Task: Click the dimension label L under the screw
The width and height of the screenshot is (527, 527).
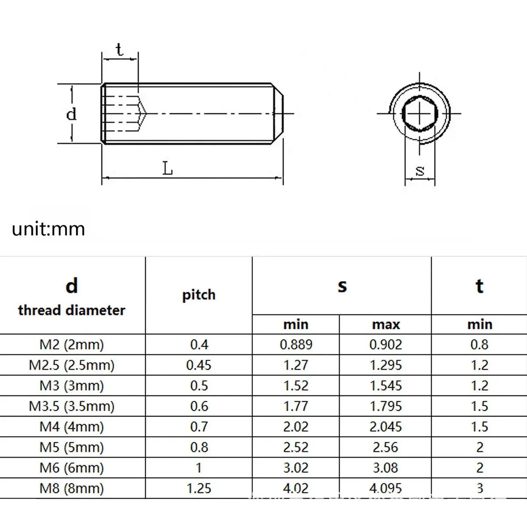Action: click(167, 168)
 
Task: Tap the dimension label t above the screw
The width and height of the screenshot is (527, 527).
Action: click(119, 50)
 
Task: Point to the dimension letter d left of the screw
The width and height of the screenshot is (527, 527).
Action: click(72, 114)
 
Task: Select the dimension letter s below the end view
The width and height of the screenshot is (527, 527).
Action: click(420, 171)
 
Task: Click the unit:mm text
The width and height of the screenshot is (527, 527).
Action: click(48, 229)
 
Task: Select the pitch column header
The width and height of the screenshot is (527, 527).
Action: click(199, 295)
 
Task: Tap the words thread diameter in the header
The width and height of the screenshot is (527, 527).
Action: click(72, 310)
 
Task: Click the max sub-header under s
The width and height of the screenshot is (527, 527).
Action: click(386, 325)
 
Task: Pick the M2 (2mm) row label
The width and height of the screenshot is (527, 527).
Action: click(72, 345)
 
